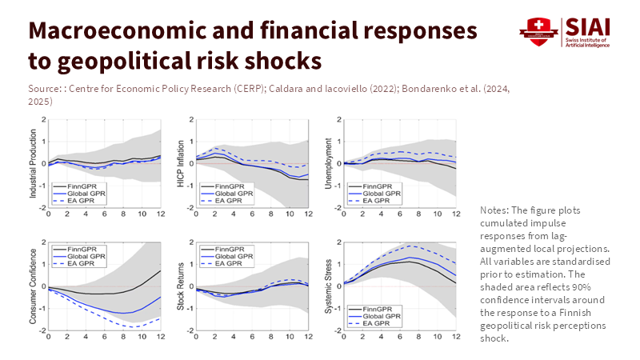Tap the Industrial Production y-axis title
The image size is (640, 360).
(32, 164)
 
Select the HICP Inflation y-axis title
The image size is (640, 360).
(180, 164)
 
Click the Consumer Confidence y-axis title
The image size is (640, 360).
(32, 286)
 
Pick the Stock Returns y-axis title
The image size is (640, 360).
(180, 286)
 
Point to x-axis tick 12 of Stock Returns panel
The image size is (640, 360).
(308, 337)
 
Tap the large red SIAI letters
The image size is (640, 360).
(586, 26)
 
